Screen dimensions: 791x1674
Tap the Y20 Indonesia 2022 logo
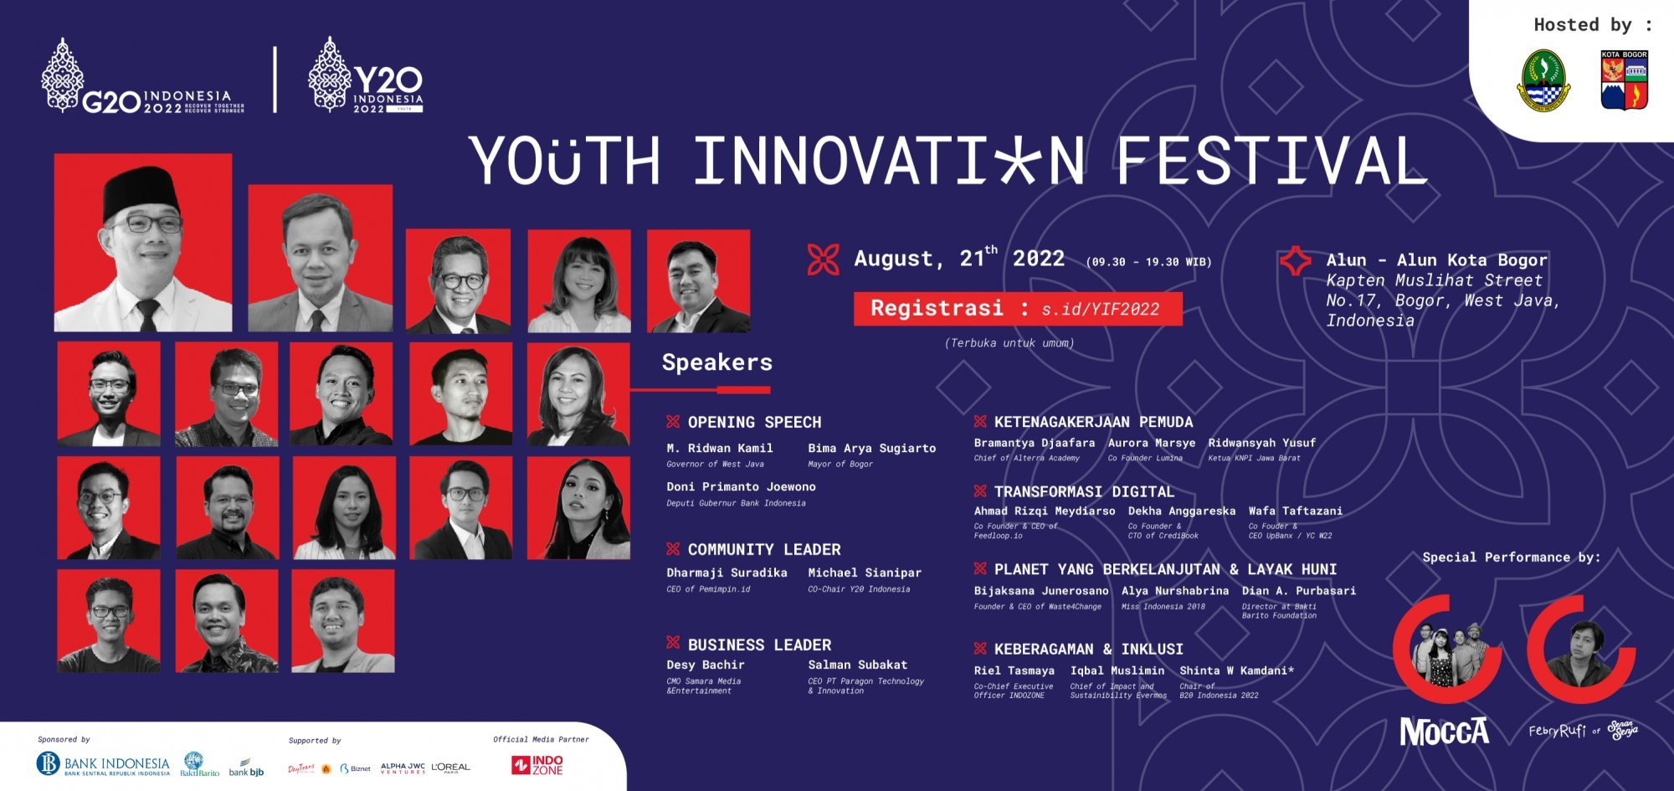point(366,77)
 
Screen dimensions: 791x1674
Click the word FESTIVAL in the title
point(1270,162)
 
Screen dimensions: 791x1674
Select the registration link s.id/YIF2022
point(1100,310)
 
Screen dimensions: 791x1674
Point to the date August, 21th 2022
point(958,259)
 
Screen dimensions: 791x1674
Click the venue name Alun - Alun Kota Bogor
point(1436,260)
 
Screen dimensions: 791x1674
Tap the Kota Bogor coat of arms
point(1624,81)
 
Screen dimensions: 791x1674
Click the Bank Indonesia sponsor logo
point(103,764)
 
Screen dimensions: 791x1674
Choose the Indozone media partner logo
point(538,765)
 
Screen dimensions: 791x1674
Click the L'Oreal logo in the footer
point(450,768)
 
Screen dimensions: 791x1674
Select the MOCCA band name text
point(1444,732)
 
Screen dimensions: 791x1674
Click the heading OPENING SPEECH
point(754,423)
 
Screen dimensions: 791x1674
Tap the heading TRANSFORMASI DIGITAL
point(1084,492)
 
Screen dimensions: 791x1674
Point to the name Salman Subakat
point(857,665)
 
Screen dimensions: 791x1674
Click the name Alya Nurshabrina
point(1174,591)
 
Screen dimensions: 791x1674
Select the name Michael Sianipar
point(864,573)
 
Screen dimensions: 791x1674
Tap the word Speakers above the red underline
point(716,362)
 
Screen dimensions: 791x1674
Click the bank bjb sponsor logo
point(246,768)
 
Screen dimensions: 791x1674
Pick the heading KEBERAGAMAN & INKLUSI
point(1088,650)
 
